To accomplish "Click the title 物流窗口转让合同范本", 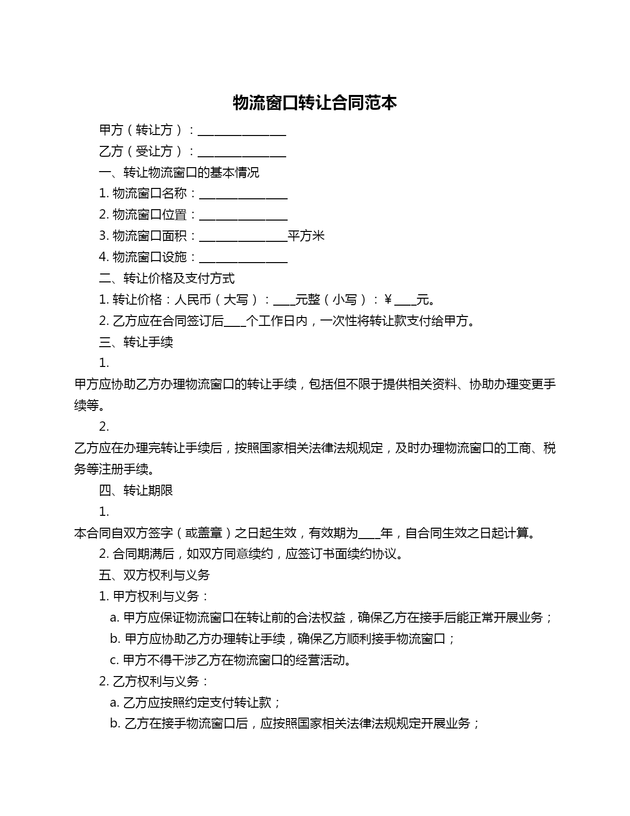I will click(315, 103).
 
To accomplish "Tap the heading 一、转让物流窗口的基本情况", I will click(179, 173).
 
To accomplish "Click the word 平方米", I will click(306, 236).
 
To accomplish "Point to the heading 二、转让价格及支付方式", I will click(167, 278).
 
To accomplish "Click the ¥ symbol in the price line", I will click(388, 300).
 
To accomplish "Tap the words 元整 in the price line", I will click(307, 300).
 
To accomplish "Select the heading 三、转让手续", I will click(136, 342).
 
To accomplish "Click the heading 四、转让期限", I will click(136, 491).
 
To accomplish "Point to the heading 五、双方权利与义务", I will click(154, 575).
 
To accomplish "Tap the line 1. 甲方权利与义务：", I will click(154, 596).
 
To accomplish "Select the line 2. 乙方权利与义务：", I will click(154, 681).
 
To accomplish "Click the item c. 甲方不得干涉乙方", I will click(231, 660).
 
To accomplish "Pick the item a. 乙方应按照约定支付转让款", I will click(196, 703).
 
